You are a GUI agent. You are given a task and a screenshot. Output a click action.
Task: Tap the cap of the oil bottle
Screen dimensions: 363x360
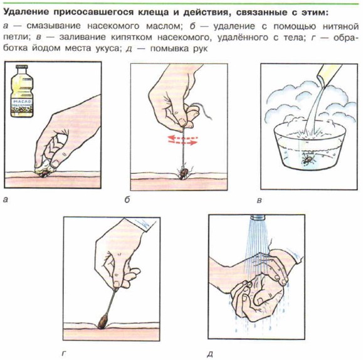click(21, 66)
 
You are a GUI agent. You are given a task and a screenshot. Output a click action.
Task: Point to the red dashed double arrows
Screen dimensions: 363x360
click(182, 140)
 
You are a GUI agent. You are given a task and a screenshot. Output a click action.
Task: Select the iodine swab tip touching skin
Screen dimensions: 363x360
click(102, 321)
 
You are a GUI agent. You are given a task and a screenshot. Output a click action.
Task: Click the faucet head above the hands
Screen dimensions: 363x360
click(258, 217)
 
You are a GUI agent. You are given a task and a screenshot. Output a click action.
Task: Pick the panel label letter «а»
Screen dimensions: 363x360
click(6, 199)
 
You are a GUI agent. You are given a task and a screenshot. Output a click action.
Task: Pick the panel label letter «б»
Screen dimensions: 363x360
click(127, 199)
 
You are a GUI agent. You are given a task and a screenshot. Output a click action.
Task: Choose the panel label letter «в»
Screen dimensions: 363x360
click(260, 200)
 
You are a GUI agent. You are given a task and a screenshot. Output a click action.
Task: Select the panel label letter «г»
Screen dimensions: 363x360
click(64, 354)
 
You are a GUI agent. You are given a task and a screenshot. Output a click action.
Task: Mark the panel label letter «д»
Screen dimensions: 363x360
click(209, 354)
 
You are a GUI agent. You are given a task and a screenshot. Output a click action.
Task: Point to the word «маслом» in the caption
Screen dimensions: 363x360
click(163, 26)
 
